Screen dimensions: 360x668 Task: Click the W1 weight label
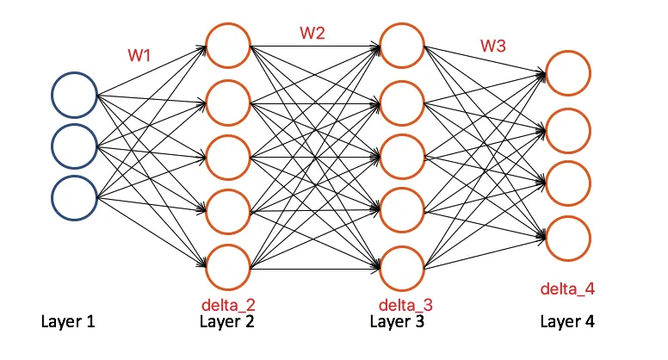pos(139,55)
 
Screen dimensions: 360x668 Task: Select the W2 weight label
pos(312,34)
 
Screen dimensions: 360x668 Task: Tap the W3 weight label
pos(492,46)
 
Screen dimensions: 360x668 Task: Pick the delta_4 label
pos(567,288)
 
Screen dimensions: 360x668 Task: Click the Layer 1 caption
pos(67,323)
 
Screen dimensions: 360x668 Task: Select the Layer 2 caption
pos(227,323)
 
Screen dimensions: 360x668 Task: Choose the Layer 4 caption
pos(567,323)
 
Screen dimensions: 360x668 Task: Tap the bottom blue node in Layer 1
pos(74,196)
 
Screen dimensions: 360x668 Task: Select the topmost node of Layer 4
pos(568,74)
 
